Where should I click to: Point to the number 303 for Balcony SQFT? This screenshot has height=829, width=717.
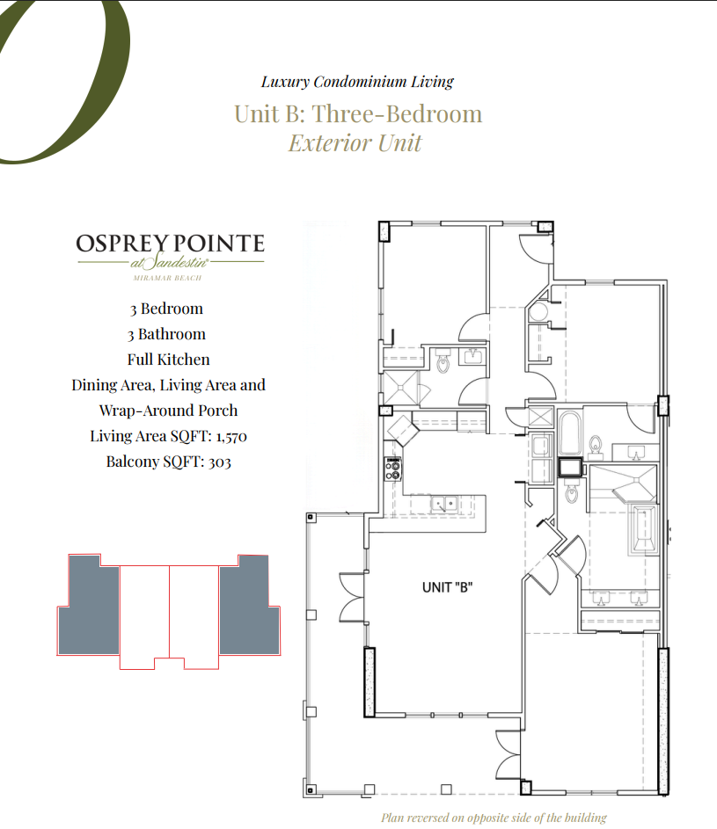[219, 462]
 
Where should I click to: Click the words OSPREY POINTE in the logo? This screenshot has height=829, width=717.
[170, 244]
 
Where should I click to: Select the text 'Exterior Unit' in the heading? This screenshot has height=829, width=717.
[355, 142]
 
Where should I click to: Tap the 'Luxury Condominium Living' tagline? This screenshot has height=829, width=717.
[357, 82]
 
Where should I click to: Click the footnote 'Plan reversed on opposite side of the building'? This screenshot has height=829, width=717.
[494, 818]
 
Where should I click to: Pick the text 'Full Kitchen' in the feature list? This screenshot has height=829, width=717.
[168, 360]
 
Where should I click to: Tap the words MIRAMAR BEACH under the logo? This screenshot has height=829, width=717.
[167, 278]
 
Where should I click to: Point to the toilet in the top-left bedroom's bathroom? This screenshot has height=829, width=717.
[443, 360]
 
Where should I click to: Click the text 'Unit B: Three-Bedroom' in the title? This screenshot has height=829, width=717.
[358, 114]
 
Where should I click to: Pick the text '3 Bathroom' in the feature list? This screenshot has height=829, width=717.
[168, 334]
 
